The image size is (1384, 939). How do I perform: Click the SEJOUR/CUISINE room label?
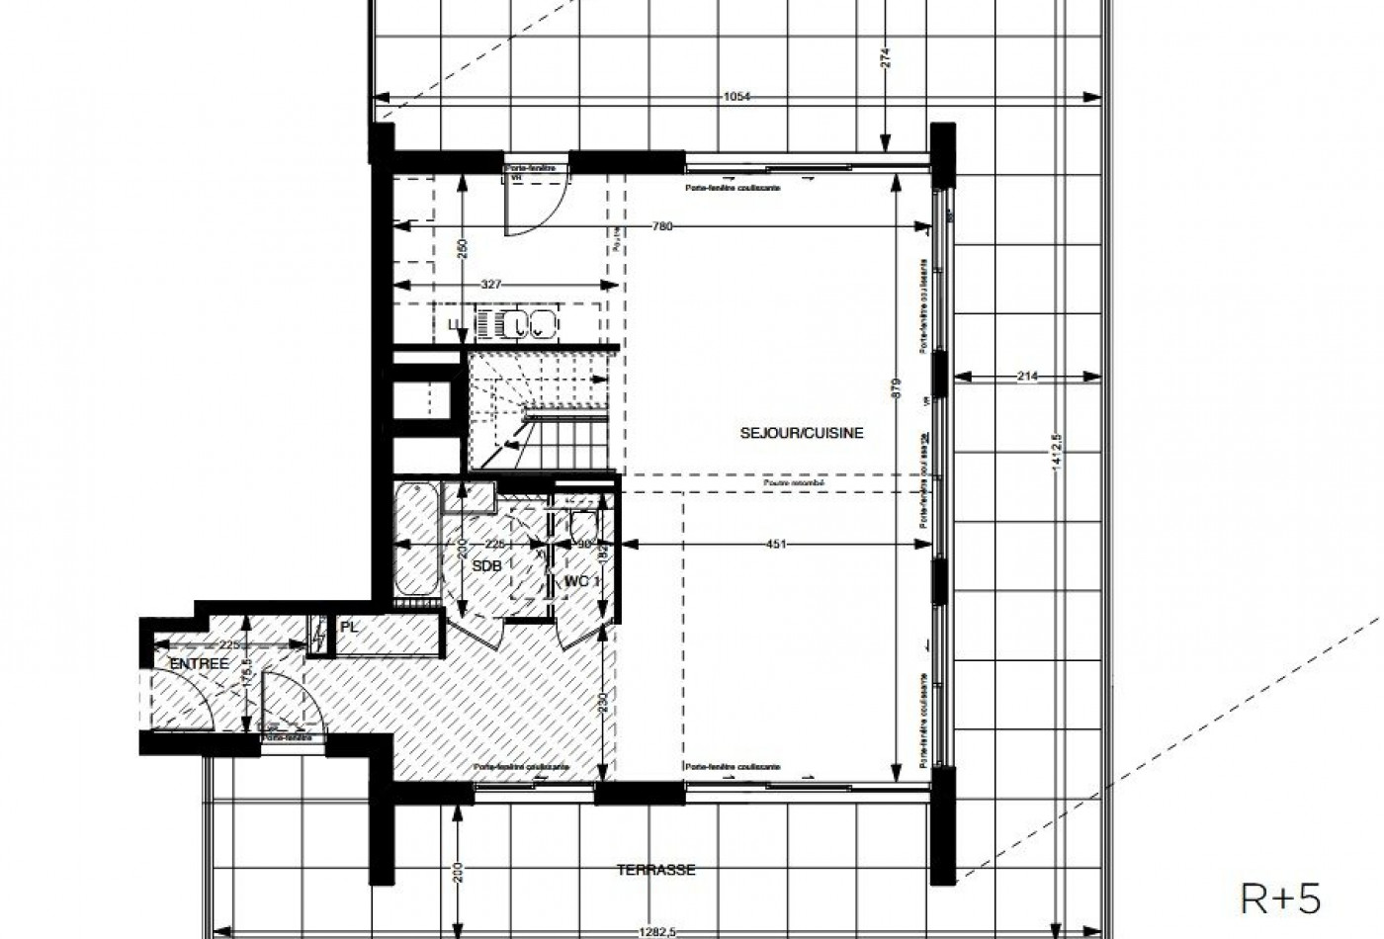click(802, 433)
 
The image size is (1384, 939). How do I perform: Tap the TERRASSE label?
click(655, 870)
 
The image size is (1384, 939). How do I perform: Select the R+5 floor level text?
click(1280, 899)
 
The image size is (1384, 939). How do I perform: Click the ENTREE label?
click(200, 664)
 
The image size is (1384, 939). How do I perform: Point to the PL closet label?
click(348, 627)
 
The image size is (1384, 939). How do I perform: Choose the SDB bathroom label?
click(486, 565)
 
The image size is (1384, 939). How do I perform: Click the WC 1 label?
click(582, 581)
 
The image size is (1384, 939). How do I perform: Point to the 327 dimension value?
click(491, 285)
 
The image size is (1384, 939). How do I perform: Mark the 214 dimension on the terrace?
click(1029, 377)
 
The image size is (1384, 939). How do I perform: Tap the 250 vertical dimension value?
click(462, 249)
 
